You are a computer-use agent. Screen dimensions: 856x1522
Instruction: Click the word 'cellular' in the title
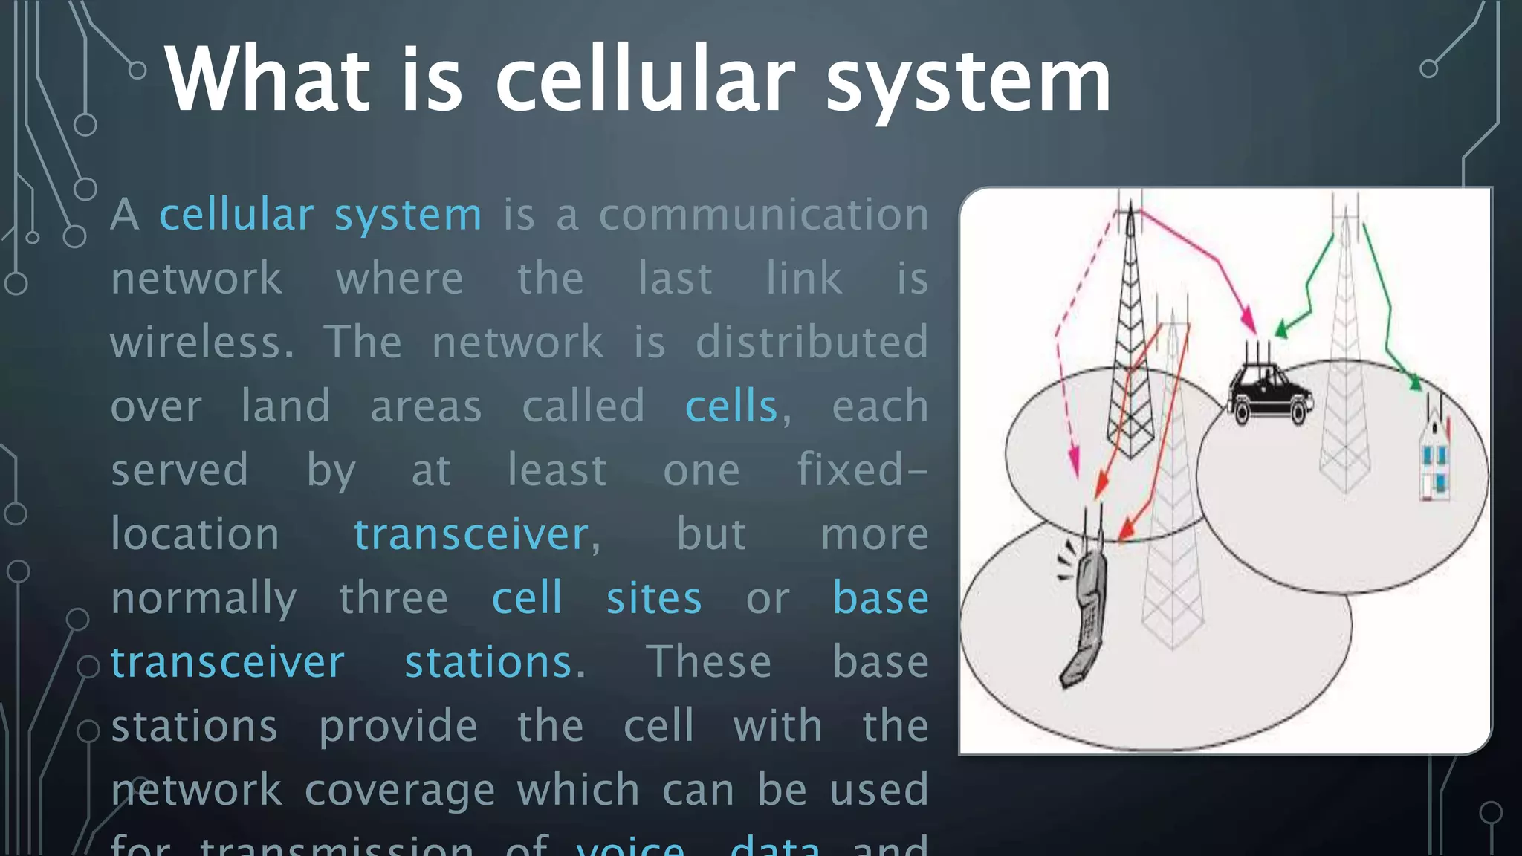click(x=644, y=79)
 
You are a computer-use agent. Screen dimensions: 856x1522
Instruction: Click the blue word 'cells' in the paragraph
click(x=731, y=406)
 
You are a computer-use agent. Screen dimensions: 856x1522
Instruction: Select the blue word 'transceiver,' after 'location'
click(x=476, y=534)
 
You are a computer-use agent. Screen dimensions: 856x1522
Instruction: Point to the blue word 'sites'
click(x=653, y=599)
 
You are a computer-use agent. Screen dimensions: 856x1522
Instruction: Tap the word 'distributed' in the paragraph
click(x=812, y=342)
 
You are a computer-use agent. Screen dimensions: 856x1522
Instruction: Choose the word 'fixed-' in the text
click(x=862, y=470)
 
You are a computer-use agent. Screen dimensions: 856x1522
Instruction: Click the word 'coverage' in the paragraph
click(x=399, y=790)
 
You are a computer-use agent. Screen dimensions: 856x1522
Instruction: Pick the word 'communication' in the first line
click(x=763, y=215)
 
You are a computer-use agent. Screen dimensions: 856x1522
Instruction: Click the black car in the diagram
click(x=1269, y=394)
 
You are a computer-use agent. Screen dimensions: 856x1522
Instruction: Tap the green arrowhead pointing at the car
click(x=1282, y=330)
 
